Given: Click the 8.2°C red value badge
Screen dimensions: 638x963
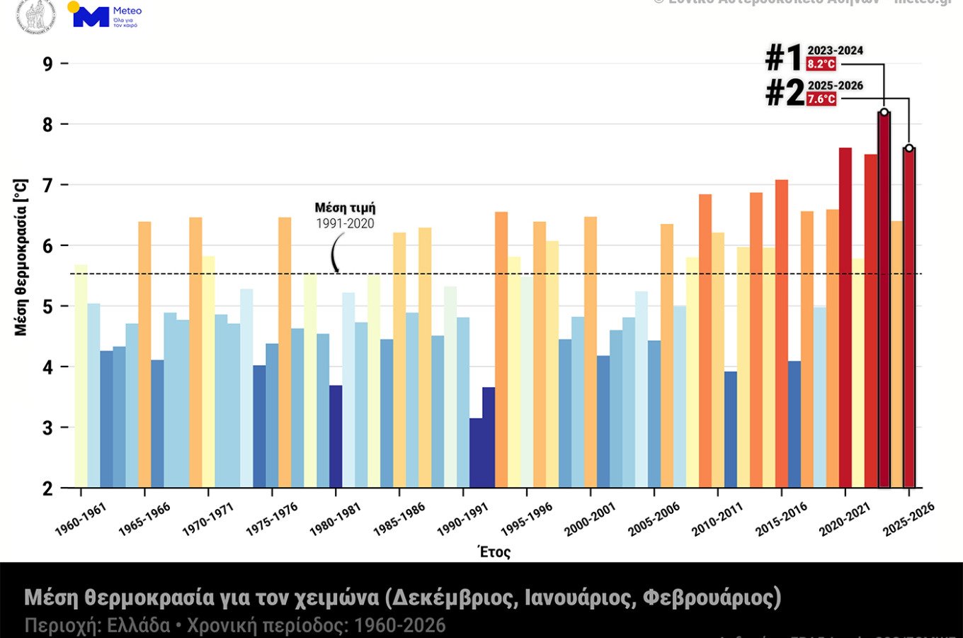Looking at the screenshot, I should pyautogui.click(x=821, y=64).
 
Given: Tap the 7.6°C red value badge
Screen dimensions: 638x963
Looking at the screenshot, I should pyautogui.click(x=821, y=99).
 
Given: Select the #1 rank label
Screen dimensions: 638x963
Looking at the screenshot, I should pyautogui.click(x=784, y=57).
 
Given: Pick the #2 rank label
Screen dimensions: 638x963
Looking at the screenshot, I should pyautogui.click(x=785, y=93).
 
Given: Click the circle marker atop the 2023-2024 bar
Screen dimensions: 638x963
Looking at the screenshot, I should pyautogui.click(x=884, y=112).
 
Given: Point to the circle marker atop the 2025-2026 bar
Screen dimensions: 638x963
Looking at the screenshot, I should pyautogui.click(x=909, y=148).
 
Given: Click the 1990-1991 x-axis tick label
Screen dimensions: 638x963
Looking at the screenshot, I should pyautogui.click(x=462, y=520).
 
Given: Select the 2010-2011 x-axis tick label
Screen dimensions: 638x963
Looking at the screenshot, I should pyautogui.click(x=717, y=520).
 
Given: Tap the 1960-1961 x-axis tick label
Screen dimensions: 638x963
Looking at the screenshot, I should pyautogui.click(x=80, y=520).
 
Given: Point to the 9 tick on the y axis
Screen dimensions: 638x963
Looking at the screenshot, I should pyautogui.click(x=47, y=64).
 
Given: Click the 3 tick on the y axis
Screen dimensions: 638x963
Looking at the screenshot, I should pyautogui.click(x=47, y=427).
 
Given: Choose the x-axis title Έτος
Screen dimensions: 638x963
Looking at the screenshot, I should pyautogui.click(x=494, y=552).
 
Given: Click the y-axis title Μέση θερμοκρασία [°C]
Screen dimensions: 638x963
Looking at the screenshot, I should pyautogui.click(x=21, y=257).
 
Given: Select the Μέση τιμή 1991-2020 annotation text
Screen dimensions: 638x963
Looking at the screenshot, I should pyautogui.click(x=345, y=216).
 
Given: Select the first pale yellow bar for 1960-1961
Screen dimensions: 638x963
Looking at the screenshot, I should pyautogui.click(x=81, y=376).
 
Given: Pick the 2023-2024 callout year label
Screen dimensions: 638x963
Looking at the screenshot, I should pyautogui.click(x=836, y=50).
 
